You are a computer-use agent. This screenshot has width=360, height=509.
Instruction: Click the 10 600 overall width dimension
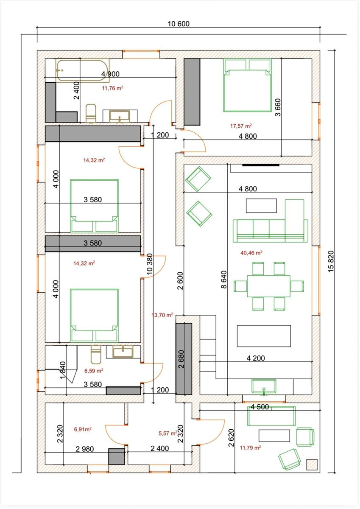(179, 24)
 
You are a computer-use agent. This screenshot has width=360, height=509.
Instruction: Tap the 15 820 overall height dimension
(331, 261)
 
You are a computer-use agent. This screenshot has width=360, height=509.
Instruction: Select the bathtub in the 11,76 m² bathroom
(82, 70)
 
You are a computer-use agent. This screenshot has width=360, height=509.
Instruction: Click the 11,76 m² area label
(113, 88)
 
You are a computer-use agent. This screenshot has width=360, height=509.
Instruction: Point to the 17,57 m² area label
(241, 126)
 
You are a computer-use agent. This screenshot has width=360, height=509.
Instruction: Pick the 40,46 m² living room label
(251, 252)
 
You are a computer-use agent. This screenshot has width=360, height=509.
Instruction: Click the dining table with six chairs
(269, 286)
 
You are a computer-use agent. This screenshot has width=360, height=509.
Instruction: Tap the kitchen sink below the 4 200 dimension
(264, 386)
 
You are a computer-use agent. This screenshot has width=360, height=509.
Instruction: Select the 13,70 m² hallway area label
(162, 315)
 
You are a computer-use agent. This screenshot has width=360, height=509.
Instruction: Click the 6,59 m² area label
(94, 371)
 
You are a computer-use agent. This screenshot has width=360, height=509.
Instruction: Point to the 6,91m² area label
(83, 429)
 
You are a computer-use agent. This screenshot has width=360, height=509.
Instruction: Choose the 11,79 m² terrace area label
(250, 447)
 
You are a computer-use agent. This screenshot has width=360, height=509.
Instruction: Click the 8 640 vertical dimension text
(224, 280)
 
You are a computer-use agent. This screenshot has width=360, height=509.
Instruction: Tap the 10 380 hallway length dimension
(149, 264)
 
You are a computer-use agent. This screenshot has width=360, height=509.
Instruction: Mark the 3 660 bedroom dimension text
(278, 107)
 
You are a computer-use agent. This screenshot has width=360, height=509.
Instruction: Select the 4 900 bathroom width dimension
(110, 74)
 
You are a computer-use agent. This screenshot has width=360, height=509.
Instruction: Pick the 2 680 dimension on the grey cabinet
(181, 359)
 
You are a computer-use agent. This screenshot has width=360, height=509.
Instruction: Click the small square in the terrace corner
(312, 464)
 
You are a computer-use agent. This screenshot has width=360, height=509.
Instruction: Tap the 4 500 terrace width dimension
(260, 407)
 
